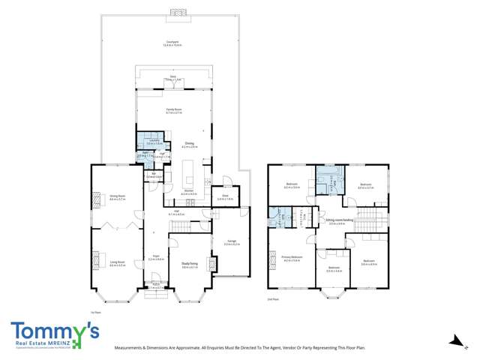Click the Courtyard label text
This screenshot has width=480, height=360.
pos(172,43)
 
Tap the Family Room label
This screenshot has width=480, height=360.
pos(175,110)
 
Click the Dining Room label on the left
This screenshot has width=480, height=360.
pos(117,197)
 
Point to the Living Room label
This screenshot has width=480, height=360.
pos(117,263)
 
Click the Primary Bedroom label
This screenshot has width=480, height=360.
pos(292,258)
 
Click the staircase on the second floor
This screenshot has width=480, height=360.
pos(367,221)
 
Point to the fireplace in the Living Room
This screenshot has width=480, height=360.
pos(95,260)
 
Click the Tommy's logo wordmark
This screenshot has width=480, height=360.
pos(54,330)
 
